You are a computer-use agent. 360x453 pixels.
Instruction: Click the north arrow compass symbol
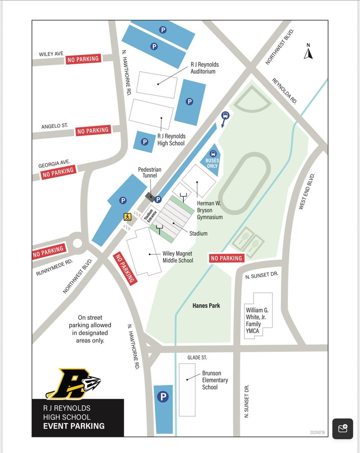(x=308, y=52)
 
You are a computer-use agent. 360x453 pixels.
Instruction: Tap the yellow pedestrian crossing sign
(x=127, y=216)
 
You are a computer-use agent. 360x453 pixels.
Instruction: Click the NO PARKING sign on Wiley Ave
(x=83, y=59)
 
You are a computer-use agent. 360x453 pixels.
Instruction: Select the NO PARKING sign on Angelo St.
(x=93, y=131)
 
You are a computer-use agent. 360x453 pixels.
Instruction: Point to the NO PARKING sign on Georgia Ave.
(x=58, y=173)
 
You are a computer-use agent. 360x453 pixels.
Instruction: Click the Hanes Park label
(x=206, y=305)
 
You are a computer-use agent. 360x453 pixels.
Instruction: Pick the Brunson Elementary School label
(x=215, y=380)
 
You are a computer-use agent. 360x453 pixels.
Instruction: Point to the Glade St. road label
(x=197, y=357)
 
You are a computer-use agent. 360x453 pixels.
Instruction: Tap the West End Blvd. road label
(x=307, y=191)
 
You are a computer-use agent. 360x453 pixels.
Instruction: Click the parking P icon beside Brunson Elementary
(x=163, y=397)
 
